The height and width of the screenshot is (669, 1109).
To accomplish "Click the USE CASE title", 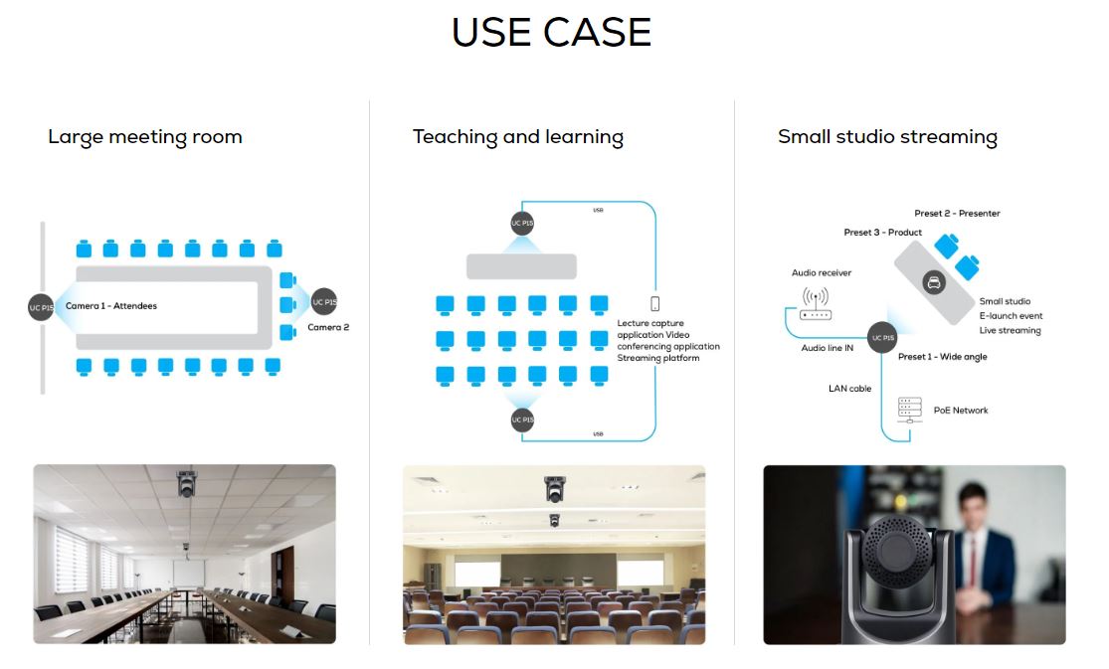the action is point(551,33).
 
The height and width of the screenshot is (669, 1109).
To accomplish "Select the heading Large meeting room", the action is point(145,136).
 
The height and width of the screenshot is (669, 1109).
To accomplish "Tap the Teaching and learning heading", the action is point(518,136).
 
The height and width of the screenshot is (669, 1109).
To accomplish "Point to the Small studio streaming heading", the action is point(887,136).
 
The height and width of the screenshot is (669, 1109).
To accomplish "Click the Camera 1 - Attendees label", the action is point(111,306).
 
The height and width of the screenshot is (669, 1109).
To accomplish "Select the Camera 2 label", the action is point(328,327).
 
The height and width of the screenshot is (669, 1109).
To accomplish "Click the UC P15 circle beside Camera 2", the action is point(324,302).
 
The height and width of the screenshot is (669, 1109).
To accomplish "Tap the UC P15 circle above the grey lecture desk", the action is point(522,224).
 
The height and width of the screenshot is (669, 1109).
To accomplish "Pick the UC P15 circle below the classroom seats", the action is point(522,420).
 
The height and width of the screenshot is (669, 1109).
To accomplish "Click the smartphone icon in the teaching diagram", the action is point(654,303).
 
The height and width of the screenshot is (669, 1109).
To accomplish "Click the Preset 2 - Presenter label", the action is point(957,214).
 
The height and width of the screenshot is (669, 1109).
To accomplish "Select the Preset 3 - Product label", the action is point(882,233).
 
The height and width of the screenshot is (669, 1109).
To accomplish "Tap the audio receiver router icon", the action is point(816,304).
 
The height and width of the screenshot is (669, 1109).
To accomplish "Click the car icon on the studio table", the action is point(934,283).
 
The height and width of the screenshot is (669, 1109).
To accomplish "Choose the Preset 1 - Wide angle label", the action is point(942,357).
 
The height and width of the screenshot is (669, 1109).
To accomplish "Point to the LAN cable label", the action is point(849,389).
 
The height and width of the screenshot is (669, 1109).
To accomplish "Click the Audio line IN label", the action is point(827,348).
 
